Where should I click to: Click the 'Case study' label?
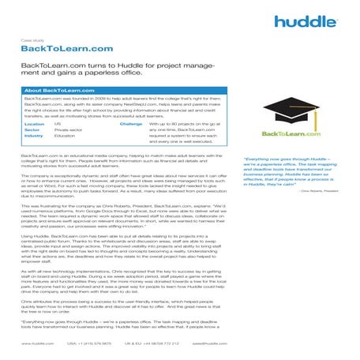click(x=32, y=36)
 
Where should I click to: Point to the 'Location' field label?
click(x=34, y=124)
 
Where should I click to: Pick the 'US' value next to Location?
click(x=57, y=124)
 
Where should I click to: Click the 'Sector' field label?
click(x=32, y=130)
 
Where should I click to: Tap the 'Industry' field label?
click(x=34, y=137)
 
